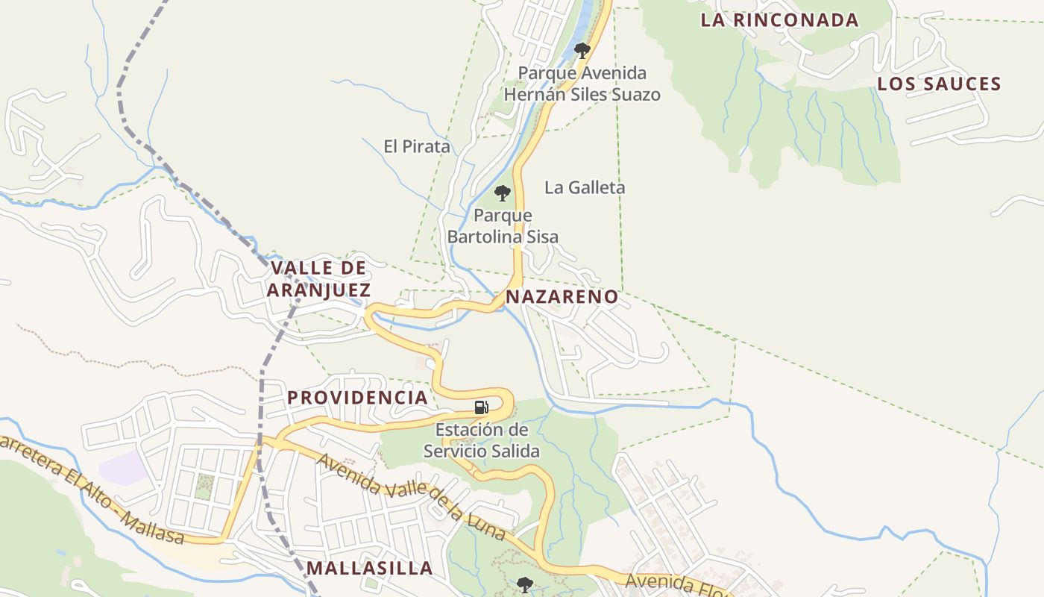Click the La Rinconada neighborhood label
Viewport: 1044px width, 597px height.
pos(779,20)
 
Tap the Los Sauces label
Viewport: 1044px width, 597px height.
pos(939,84)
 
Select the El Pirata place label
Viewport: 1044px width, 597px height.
pos(417,146)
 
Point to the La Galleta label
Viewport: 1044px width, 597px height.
pos(585,187)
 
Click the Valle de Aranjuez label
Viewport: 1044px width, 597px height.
pos(318,278)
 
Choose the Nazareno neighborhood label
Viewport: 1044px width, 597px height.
pos(562,297)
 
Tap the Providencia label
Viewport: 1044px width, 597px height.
pos(358,397)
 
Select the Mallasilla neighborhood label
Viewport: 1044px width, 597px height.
pos(369,568)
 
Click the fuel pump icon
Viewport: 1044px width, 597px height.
pos(482,407)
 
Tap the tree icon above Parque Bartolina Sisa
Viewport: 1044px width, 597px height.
pos(503,193)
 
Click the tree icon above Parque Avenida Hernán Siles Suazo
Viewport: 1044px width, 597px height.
pos(582,51)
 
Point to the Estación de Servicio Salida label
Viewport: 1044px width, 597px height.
pos(482,440)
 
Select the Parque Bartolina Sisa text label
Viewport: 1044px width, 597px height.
pos(503,226)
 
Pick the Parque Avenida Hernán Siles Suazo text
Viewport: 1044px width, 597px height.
pos(582,84)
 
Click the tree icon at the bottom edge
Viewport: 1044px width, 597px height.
pos(525,584)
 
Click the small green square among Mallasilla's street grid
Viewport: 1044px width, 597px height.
pos(204,487)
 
